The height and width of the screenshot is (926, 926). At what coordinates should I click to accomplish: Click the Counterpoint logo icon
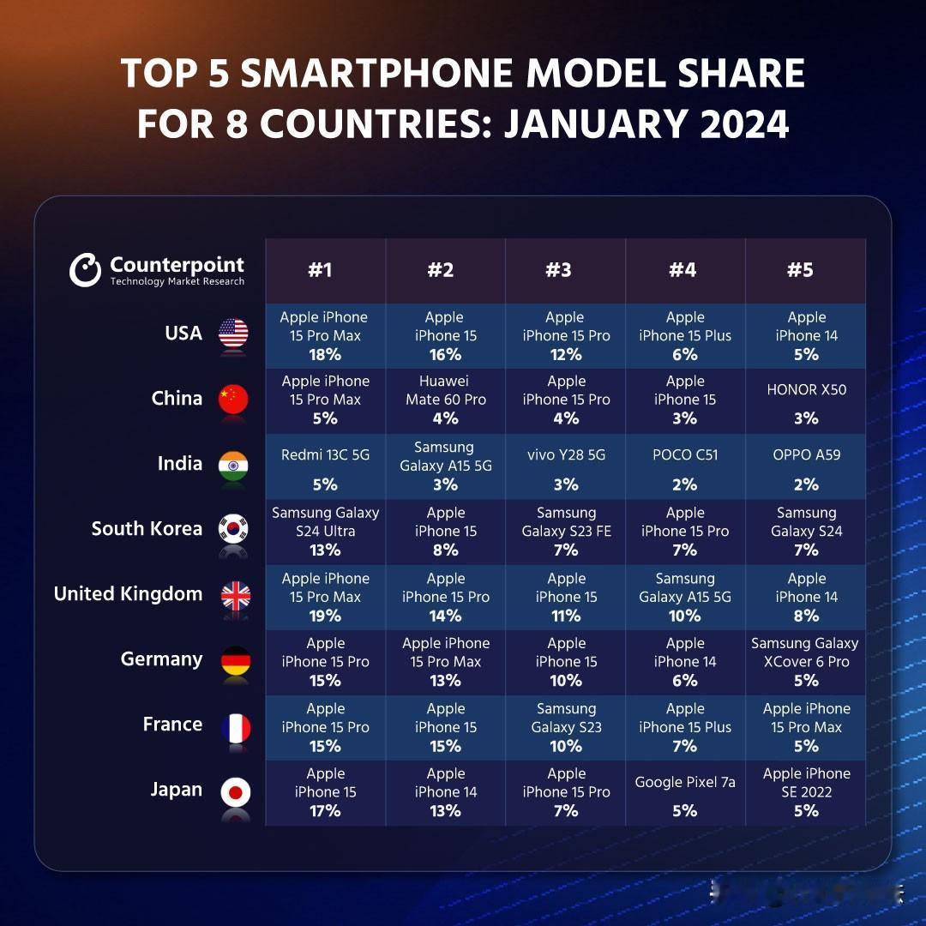(x=85, y=270)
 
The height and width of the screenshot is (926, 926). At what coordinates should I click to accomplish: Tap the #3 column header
(x=559, y=270)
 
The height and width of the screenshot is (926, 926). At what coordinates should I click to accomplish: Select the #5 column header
(x=800, y=270)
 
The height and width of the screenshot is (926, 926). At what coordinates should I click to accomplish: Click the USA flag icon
(x=233, y=333)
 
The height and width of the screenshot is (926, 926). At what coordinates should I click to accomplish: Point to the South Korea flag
(x=233, y=528)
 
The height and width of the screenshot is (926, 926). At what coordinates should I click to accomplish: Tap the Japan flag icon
(x=236, y=792)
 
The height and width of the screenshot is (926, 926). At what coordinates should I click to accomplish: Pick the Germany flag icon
(x=236, y=661)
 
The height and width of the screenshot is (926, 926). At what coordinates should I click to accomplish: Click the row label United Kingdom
(x=128, y=593)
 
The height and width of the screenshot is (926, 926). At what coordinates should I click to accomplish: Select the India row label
(x=180, y=463)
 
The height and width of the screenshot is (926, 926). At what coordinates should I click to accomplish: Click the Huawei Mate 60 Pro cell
(x=446, y=400)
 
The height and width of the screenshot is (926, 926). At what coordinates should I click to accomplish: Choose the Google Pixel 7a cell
(x=685, y=793)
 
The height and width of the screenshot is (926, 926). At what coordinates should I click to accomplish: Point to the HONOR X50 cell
(x=806, y=400)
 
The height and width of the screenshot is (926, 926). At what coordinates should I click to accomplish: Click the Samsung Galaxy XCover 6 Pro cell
(x=806, y=662)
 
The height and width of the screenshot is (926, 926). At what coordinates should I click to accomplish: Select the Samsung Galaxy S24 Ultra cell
(x=326, y=532)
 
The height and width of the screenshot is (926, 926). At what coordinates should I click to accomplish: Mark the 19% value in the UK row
(x=326, y=616)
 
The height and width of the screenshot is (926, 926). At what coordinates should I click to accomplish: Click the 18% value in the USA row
(x=326, y=354)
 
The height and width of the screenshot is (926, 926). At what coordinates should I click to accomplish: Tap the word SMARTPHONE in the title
(x=376, y=73)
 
